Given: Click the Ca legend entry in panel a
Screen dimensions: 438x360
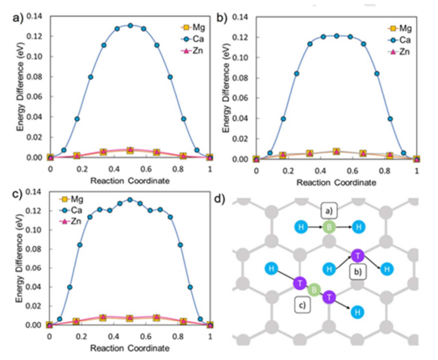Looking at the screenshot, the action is (193, 39).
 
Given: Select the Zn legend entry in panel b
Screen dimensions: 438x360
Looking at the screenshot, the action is (399, 52).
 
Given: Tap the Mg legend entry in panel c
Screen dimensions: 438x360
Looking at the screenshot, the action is (71, 199).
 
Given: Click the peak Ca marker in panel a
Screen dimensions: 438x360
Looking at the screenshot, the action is (130, 26).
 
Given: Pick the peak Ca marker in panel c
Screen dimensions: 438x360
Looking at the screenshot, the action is (130, 199).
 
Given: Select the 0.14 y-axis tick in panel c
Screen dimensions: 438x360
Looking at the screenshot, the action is (33, 192).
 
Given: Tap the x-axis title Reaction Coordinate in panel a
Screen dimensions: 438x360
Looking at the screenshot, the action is (130, 181).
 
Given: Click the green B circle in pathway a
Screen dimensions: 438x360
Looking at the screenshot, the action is (329, 227).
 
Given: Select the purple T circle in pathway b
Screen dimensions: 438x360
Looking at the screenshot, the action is (357, 255).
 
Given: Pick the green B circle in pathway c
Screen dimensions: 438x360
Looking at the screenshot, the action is (314, 290).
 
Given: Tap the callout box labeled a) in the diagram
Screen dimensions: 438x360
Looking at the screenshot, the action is (329, 211).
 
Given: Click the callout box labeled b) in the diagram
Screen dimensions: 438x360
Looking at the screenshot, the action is (358, 272).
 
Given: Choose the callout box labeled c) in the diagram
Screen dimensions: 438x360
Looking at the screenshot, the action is (302, 304).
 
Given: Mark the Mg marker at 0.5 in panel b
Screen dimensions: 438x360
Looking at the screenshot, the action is (336, 151).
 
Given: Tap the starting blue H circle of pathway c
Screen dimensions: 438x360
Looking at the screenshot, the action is (271, 269).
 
